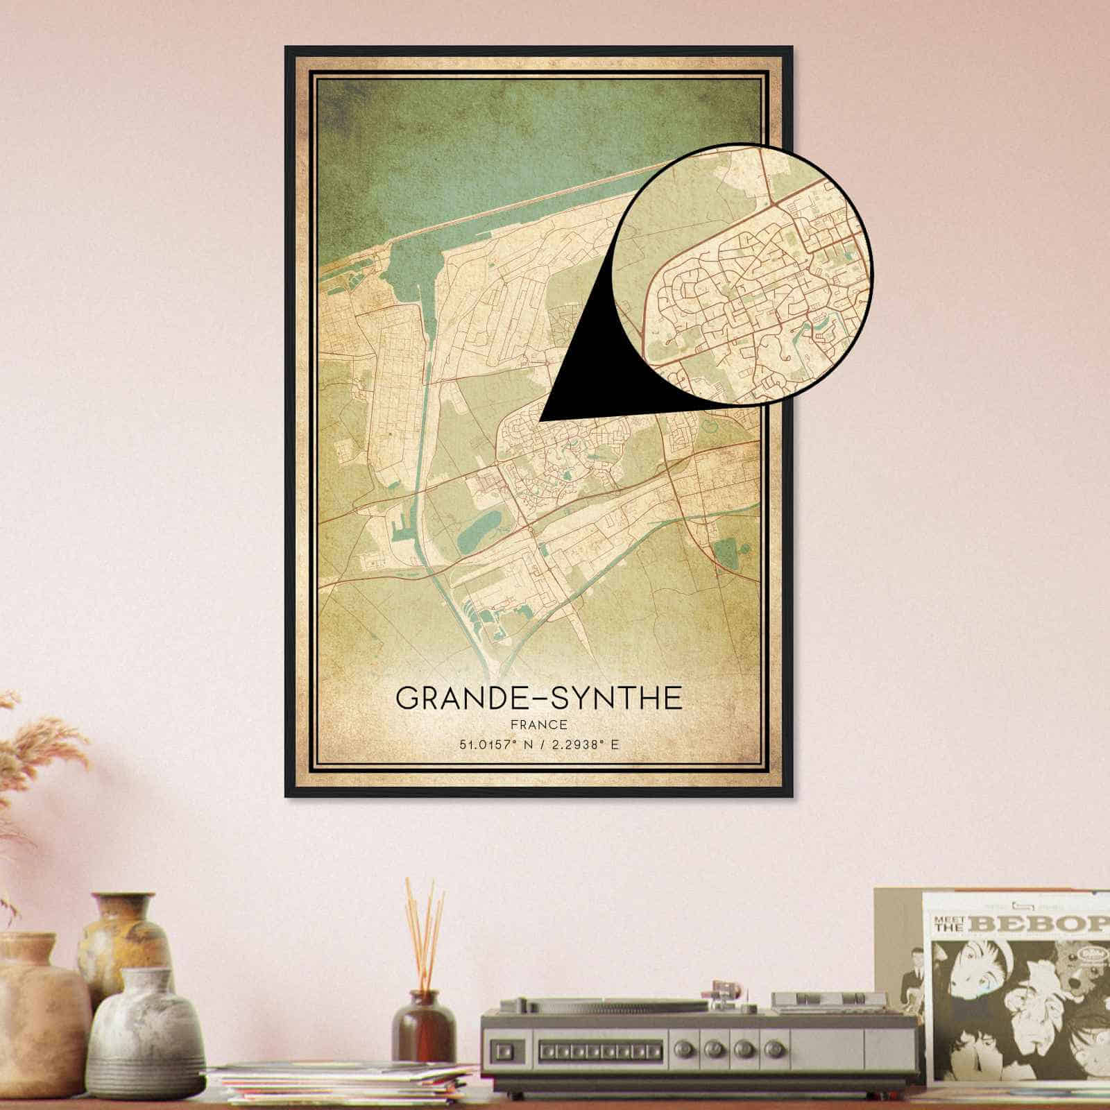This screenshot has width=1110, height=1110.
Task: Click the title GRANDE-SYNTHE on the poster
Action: coord(538,698)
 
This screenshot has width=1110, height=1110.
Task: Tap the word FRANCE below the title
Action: coord(538,726)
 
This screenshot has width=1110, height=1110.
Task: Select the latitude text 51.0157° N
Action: coord(490,746)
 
